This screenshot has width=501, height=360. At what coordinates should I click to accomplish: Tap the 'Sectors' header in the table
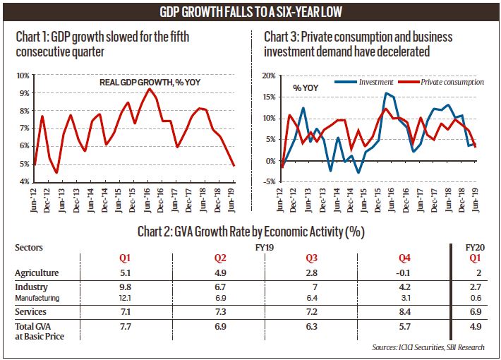click(x=30, y=248)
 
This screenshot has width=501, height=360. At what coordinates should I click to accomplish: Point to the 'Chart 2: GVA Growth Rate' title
click(x=250, y=231)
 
